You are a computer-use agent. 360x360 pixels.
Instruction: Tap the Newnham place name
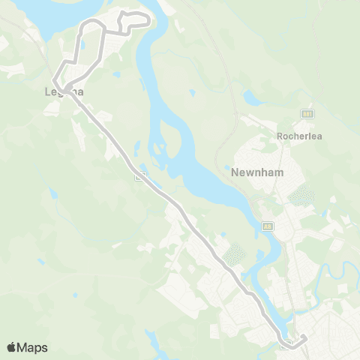click(x=256, y=172)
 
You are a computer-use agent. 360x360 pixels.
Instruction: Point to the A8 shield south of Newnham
click(x=268, y=225)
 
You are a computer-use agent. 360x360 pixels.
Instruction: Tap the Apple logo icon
click(x=11, y=347)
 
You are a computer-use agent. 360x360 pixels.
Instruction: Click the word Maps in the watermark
click(x=32, y=347)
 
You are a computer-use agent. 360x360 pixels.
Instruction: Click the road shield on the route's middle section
click(x=139, y=178)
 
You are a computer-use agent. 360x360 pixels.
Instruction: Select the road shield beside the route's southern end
click(x=286, y=344)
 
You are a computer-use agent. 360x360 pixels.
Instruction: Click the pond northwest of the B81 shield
click(x=250, y=97)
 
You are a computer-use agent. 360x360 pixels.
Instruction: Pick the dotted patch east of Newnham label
click(x=302, y=196)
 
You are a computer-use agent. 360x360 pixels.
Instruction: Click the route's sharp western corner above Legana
click(x=53, y=79)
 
